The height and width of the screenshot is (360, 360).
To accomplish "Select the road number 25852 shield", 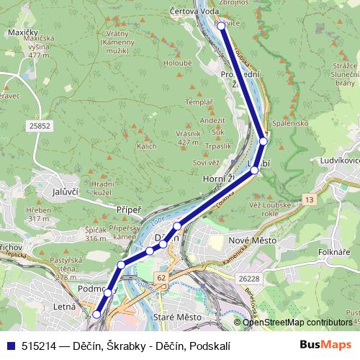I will (x=40, y=125).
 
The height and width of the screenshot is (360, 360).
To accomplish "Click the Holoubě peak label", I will (x=176, y=63).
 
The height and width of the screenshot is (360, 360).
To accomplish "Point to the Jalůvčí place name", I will (x=45, y=192).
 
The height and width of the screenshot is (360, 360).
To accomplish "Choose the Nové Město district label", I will (x=247, y=240).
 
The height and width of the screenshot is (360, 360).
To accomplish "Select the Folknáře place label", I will (x=335, y=252).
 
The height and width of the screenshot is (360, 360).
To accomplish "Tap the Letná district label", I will (x=66, y=309).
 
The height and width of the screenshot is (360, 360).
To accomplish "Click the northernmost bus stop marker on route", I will (x=220, y=26).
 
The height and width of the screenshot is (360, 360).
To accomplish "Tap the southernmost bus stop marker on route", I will (x=96, y=314).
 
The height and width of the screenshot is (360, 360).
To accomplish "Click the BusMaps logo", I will (x=325, y=345).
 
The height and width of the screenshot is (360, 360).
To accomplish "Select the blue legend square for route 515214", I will (x=12, y=346).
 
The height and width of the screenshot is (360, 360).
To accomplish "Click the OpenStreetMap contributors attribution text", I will (x=297, y=323).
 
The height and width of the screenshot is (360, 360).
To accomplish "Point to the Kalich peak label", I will (x=146, y=145).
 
